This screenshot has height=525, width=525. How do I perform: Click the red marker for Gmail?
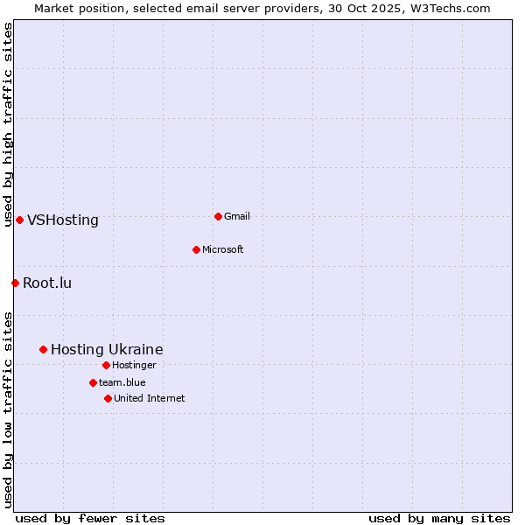[218, 216]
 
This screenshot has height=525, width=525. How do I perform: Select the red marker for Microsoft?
[196, 249]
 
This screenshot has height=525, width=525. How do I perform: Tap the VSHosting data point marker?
[19, 220]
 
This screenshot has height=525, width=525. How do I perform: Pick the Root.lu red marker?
[15, 283]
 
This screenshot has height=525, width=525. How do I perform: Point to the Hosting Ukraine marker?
[43, 349]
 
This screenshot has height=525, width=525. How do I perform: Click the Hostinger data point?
[106, 365]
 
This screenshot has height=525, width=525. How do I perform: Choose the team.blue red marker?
[93, 382]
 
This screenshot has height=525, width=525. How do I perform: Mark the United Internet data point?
[108, 398]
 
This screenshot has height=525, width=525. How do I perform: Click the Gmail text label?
[237, 216]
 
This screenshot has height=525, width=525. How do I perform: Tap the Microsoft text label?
[223, 249]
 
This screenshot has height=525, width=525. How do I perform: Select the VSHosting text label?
[63, 220]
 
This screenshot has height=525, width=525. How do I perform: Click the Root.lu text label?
[47, 283]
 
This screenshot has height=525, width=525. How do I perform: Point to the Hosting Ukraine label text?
[107, 349]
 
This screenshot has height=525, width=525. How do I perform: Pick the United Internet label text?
[150, 398]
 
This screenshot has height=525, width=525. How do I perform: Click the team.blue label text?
[122, 382]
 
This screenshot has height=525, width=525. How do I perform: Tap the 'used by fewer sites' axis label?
[90, 518]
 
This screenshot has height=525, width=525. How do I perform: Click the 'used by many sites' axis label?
[439, 518]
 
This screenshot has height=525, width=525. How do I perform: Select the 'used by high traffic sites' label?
[8, 124]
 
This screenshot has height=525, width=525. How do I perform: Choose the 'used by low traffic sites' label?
[8, 409]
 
